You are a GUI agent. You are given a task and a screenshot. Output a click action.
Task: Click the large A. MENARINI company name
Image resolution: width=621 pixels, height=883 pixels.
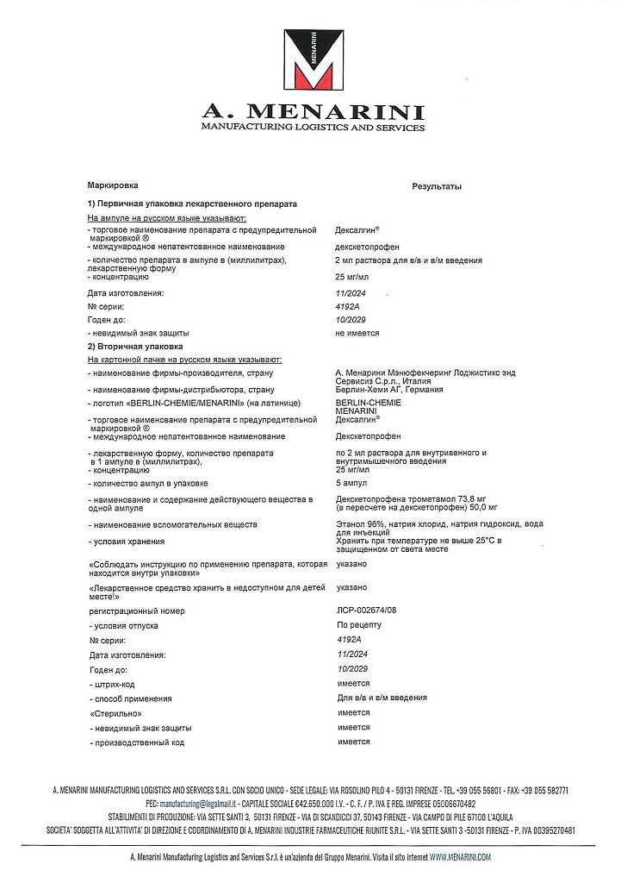(312, 111)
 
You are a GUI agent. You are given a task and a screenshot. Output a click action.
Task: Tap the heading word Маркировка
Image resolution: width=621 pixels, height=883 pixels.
(113, 186)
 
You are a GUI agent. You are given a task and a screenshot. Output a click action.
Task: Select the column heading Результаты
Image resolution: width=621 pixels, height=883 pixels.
(437, 187)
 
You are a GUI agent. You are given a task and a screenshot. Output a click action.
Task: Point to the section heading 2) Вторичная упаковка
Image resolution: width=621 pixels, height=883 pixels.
(135, 347)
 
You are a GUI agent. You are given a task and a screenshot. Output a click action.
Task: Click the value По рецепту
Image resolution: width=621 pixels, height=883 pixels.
(357, 625)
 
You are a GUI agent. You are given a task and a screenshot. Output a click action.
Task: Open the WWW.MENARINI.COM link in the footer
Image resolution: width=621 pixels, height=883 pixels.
(460, 857)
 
